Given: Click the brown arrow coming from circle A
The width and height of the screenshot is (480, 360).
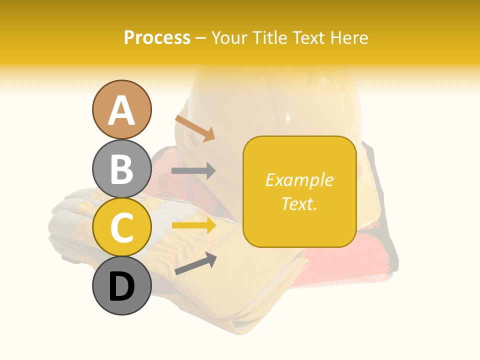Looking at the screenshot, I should (x=195, y=128).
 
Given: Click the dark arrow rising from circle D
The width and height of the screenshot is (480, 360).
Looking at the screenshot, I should (x=195, y=263).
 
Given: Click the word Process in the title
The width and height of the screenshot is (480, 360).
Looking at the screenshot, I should (x=157, y=38).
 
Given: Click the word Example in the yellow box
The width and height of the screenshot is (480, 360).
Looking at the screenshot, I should (x=299, y=180).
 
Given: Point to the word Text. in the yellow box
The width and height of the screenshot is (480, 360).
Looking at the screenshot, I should (x=299, y=203).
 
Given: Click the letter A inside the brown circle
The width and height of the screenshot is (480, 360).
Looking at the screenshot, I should (x=121, y=110).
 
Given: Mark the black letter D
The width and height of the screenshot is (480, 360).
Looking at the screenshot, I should (x=121, y=287).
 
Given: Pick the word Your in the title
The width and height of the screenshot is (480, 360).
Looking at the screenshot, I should (x=229, y=38).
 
